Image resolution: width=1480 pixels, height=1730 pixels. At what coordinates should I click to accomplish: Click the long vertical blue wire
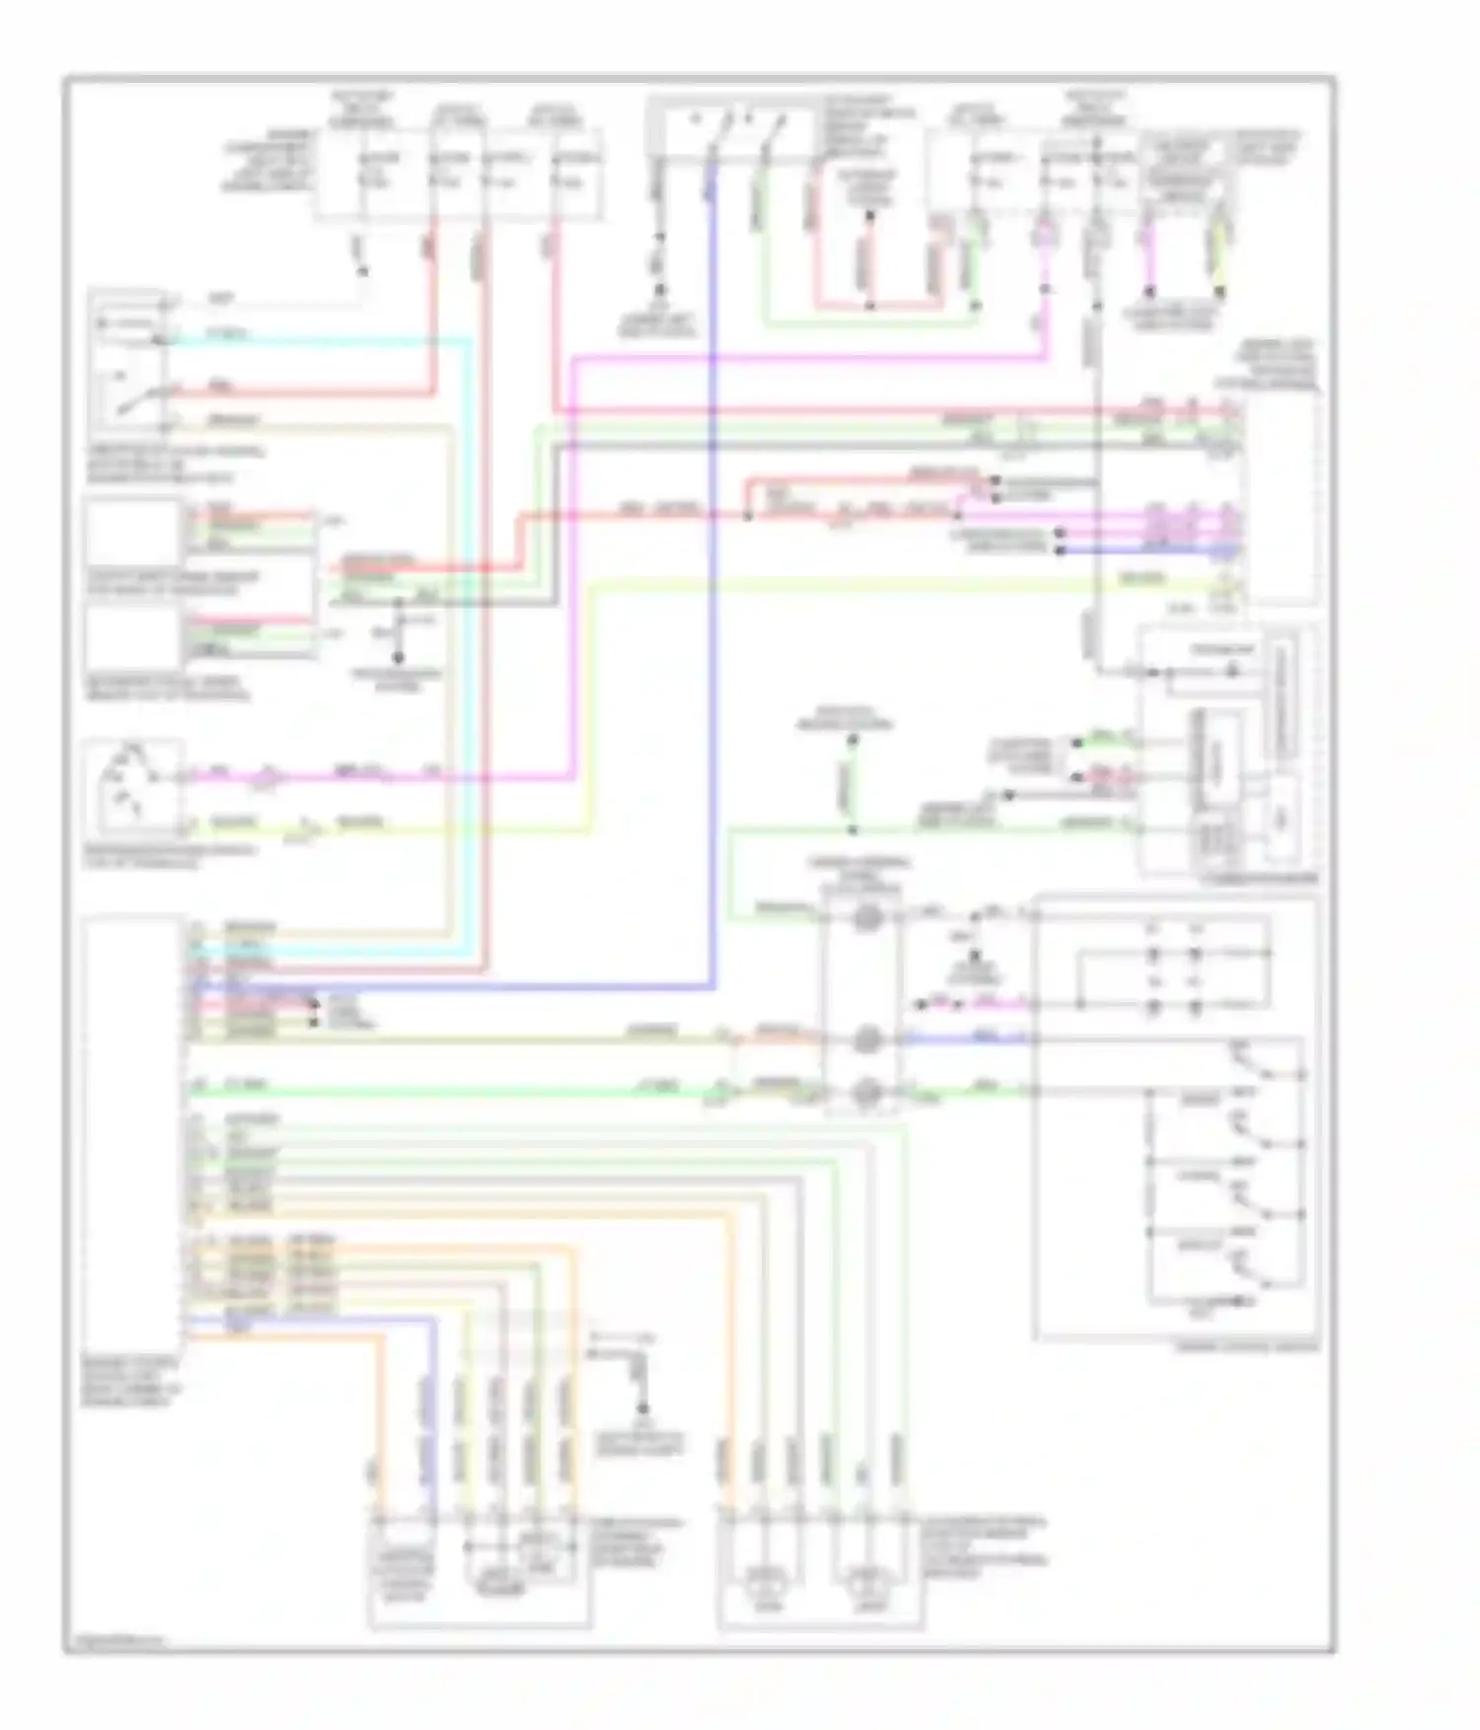point(712,592)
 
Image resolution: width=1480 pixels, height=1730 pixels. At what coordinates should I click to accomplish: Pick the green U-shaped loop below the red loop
point(868,323)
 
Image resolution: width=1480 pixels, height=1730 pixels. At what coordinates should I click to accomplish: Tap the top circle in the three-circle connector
point(866,917)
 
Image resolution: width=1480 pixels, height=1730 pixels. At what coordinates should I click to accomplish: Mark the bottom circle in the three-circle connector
point(866,1091)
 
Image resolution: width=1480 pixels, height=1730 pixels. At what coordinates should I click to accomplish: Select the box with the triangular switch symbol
point(133,787)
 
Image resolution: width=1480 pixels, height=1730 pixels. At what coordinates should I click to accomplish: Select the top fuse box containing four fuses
point(459,171)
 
